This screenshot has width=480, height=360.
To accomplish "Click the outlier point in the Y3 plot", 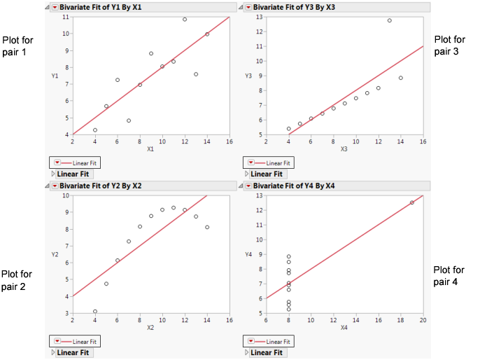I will (390, 20).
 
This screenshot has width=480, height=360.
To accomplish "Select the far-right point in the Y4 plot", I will (412, 202).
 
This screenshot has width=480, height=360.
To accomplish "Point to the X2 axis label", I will (151, 326).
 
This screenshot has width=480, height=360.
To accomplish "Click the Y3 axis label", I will (248, 75).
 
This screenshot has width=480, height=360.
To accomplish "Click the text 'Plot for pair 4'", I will (449, 275).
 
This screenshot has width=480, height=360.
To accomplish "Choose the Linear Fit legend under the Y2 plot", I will (76, 340).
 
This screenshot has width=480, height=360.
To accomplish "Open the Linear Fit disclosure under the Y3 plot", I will (247, 174).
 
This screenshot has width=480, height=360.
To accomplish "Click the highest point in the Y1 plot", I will (185, 20).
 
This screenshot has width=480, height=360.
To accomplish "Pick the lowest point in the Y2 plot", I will (95, 312).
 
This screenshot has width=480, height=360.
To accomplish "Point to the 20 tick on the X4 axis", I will (423, 319).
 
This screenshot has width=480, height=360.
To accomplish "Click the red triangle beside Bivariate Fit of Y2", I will (54, 186).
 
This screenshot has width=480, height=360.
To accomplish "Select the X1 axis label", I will (150, 148).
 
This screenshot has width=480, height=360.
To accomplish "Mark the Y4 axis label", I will (248, 254).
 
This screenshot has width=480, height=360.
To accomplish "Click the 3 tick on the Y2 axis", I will (67, 313).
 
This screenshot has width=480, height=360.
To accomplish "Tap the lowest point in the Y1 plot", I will (95, 130).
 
